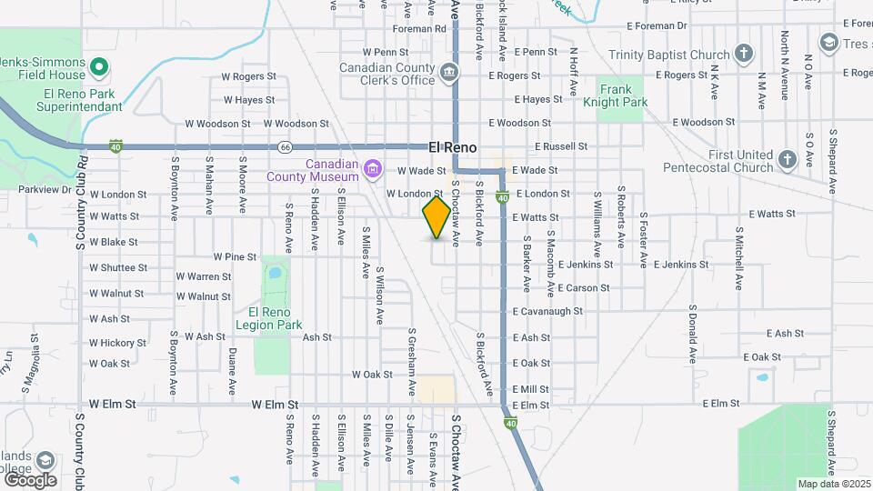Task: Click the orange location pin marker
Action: [x=436, y=216]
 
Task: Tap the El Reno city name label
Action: [x=453, y=146]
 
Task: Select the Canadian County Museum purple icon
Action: [x=371, y=168]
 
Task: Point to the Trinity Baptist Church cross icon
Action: [x=744, y=53]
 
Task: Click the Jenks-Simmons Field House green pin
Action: [x=99, y=66]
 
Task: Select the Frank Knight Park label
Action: [x=623, y=96]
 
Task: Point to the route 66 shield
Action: [x=286, y=145]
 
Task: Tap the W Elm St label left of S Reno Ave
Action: [x=276, y=404]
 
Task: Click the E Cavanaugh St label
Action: [x=547, y=311]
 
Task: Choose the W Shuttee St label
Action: [x=118, y=267]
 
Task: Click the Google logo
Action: [x=29, y=479]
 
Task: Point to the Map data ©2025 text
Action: [x=833, y=484]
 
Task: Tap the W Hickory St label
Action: [x=118, y=343]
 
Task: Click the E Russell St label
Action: [x=562, y=145]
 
